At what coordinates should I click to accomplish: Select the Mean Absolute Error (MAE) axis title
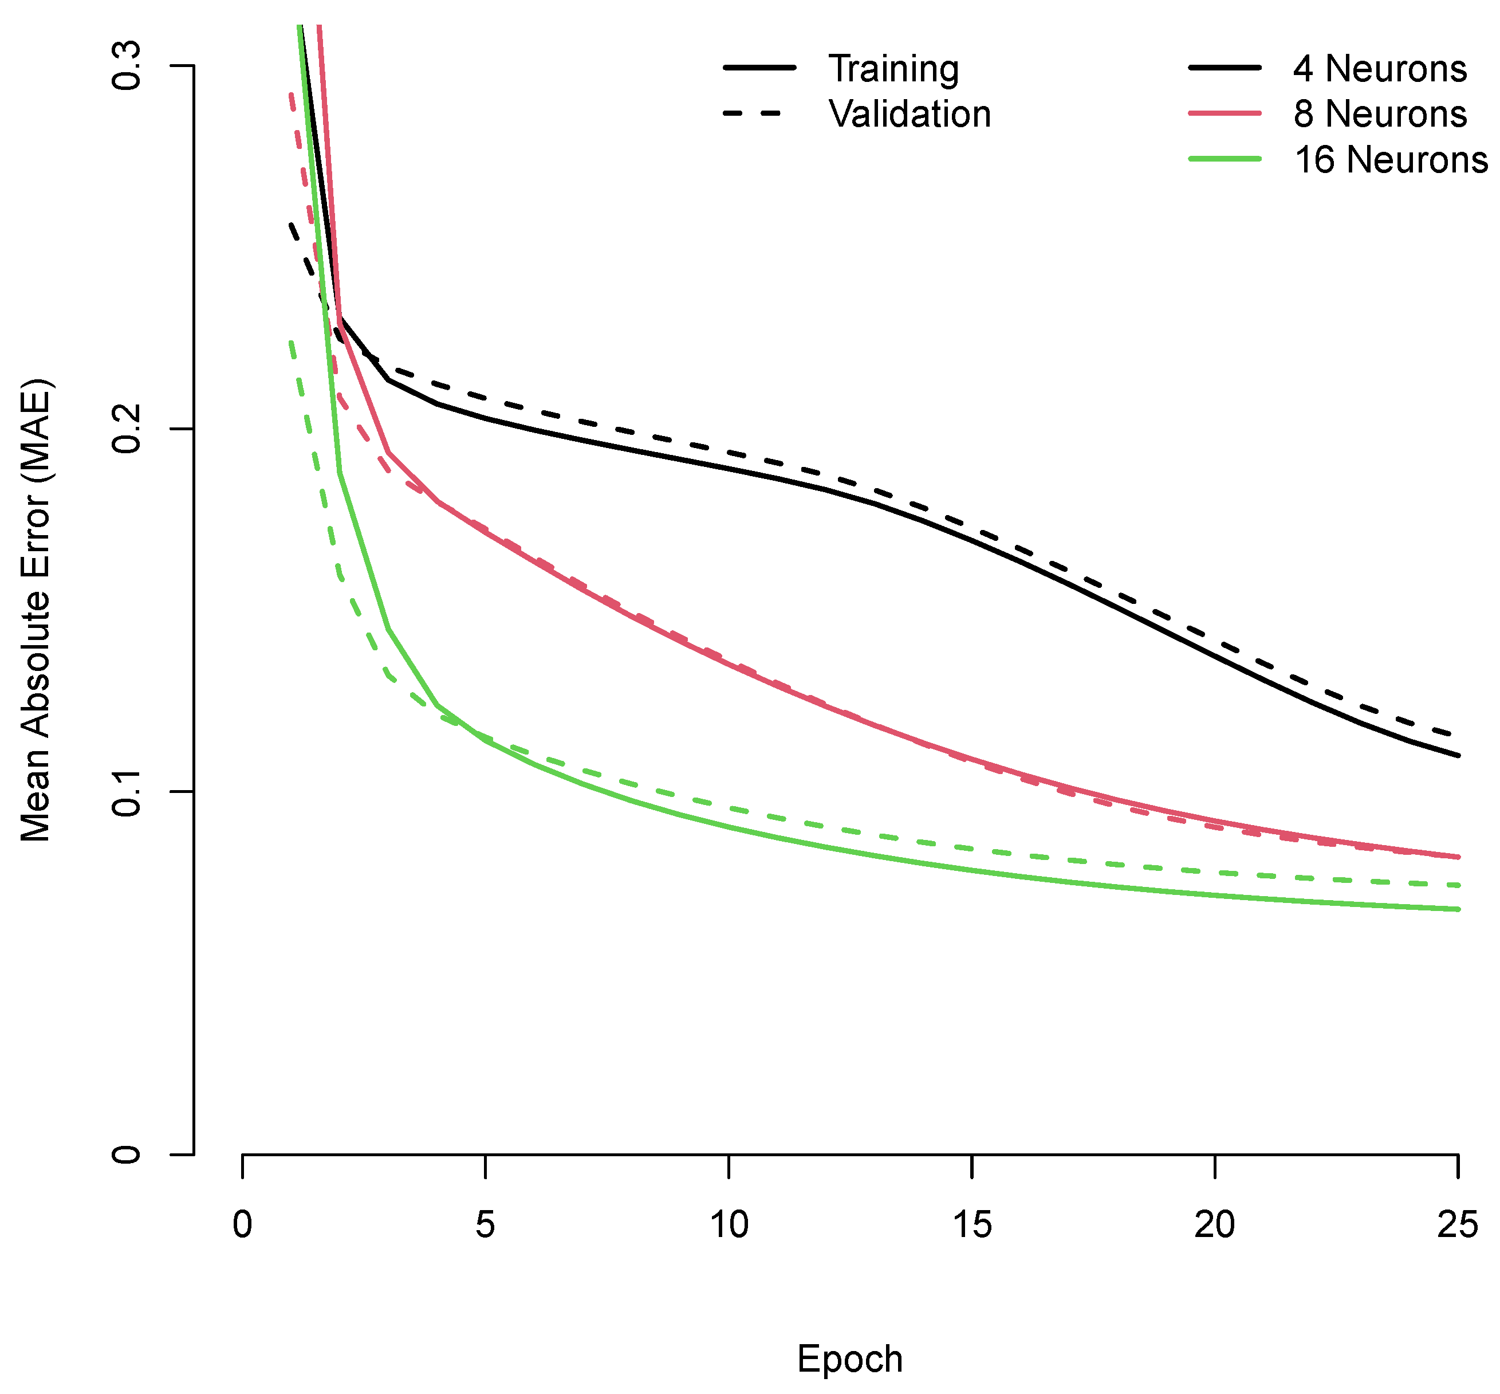coord(36,610)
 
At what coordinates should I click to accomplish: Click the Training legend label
coord(893,69)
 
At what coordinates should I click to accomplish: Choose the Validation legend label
coord(910,115)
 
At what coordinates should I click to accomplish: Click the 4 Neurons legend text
coord(1379,69)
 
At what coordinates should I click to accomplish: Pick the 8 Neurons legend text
coord(1379,115)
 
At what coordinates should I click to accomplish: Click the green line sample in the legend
coord(1225,159)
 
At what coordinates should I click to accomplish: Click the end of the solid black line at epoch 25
coord(1458,755)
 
